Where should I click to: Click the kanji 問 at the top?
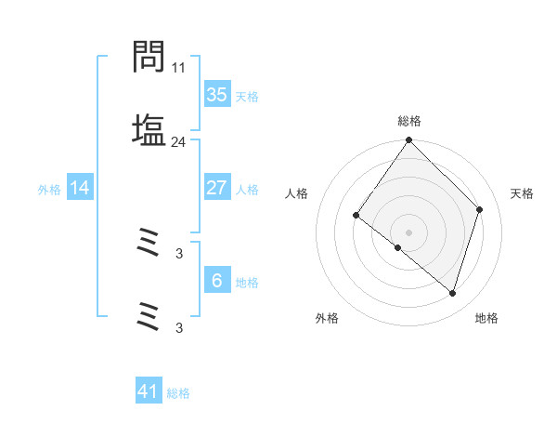coord(149,58)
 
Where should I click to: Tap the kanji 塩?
coord(149,129)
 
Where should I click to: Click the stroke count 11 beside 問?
coord(179,68)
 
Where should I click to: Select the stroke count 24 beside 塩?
coord(179,141)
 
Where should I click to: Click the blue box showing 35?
coord(216,95)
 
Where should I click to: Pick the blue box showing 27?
coord(216,188)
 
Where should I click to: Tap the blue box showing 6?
coord(216,281)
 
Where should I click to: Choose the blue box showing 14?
coord(80,188)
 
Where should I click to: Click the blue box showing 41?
coord(149,391)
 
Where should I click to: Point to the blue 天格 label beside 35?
coord(247,97)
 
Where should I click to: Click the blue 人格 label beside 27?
coord(247,190)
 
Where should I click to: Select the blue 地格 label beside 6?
coord(247,283)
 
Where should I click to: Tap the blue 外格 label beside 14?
coord(49,190)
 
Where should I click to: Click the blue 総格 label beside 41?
coord(178,393)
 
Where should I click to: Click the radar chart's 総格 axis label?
coord(409,121)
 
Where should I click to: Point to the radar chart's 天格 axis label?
coord(523,193)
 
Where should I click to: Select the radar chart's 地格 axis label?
coord(486,319)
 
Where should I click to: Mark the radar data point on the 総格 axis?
coord(409,141)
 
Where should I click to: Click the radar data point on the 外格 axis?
coord(398,247)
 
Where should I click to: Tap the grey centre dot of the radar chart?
coord(409,232)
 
